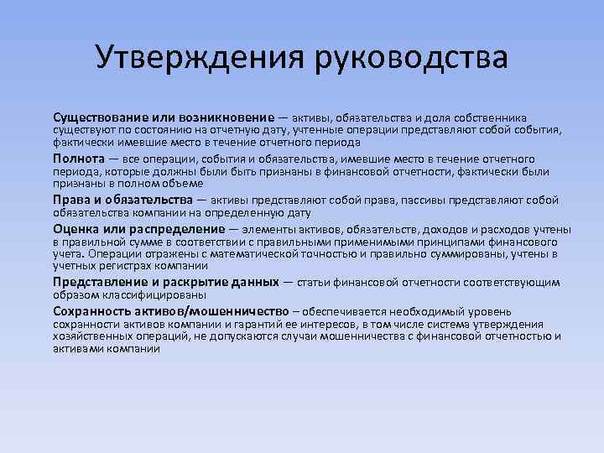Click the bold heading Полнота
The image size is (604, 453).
(78, 159)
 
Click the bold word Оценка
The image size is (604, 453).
(75, 229)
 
